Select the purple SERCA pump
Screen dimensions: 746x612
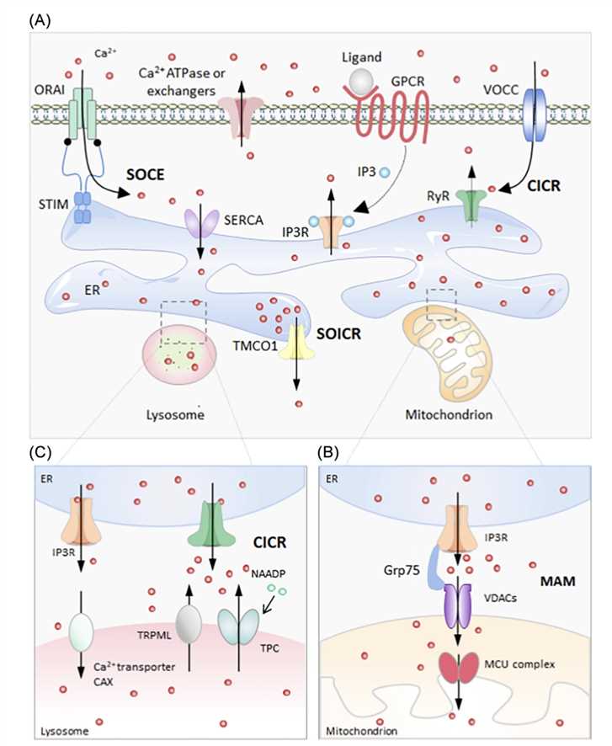click(x=201, y=221)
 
